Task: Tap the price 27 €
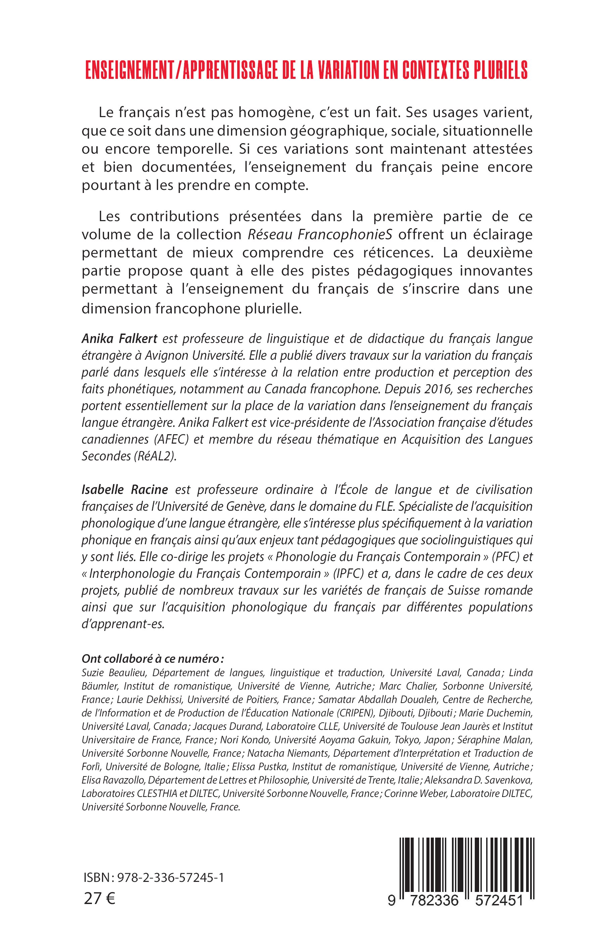[99, 899]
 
